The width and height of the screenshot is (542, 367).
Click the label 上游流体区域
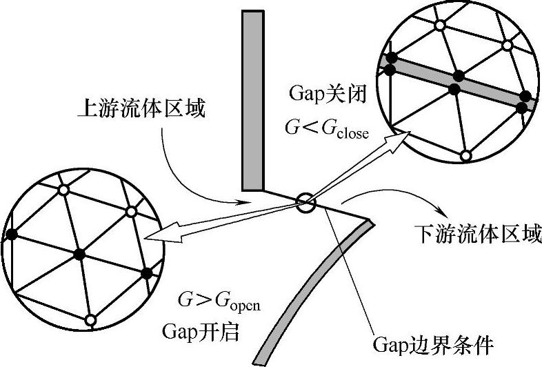point(141,108)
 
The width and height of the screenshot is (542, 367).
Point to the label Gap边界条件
point(433,343)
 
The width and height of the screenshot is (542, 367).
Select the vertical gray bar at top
point(252,100)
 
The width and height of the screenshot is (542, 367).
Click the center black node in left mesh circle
point(79,255)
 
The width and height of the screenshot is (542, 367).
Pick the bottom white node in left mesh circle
point(90,319)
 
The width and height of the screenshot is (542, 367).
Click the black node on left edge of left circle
point(10,235)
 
